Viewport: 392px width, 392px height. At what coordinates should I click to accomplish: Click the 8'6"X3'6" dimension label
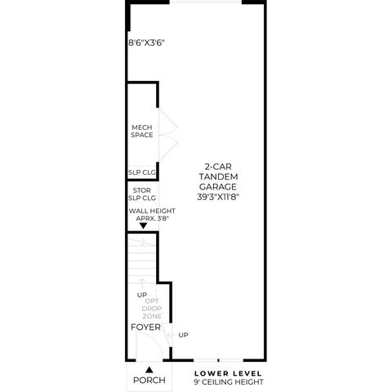pyautogui.click(x=146, y=42)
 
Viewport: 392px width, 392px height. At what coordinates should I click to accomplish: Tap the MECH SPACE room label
pyautogui.click(x=142, y=131)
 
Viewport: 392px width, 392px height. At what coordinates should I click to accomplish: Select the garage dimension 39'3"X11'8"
pyautogui.click(x=218, y=197)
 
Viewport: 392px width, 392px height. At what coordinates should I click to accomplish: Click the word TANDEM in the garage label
pyautogui.click(x=218, y=176)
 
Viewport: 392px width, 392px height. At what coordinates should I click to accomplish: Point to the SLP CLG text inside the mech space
pyautogui.click(x=142, y=172)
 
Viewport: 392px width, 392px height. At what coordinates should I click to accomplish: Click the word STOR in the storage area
pyautogui.click(x=141, y=190)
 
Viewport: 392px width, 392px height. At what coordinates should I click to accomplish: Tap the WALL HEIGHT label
pyautogui.click(x=152, y=211)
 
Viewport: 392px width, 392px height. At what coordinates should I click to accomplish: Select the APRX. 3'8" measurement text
pyautogui.click(x=153, y=218)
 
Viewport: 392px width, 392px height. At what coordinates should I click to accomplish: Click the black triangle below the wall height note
pyautogui.click(x=143, y=225)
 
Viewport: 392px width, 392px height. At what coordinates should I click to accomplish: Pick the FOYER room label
pyautogui.click(x=145, y=327)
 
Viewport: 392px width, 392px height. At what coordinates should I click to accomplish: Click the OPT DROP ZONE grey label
pyautogui.click(x=152, y=309)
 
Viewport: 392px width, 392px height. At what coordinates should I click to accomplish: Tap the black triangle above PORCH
pyautogui.click(x=149, y=370)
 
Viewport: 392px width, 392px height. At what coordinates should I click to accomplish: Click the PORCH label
pyautogui.click(x=149, y=380)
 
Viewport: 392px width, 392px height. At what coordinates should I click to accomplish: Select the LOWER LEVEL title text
pyautogui.click(x=228, y=373)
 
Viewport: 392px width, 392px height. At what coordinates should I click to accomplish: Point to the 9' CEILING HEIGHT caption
pyautogui.click(x=229, y=382)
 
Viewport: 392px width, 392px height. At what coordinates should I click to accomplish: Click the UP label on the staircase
pyautogui.click(x=142, y=295)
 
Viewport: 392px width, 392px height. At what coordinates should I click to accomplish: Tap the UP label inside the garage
pyautogui.click(x=183, y=335)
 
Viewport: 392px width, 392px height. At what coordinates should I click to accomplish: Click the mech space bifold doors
pyautogui.click(x=168, y=136)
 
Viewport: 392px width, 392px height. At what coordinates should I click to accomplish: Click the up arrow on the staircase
pyautogui.click(x=141, y=283)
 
